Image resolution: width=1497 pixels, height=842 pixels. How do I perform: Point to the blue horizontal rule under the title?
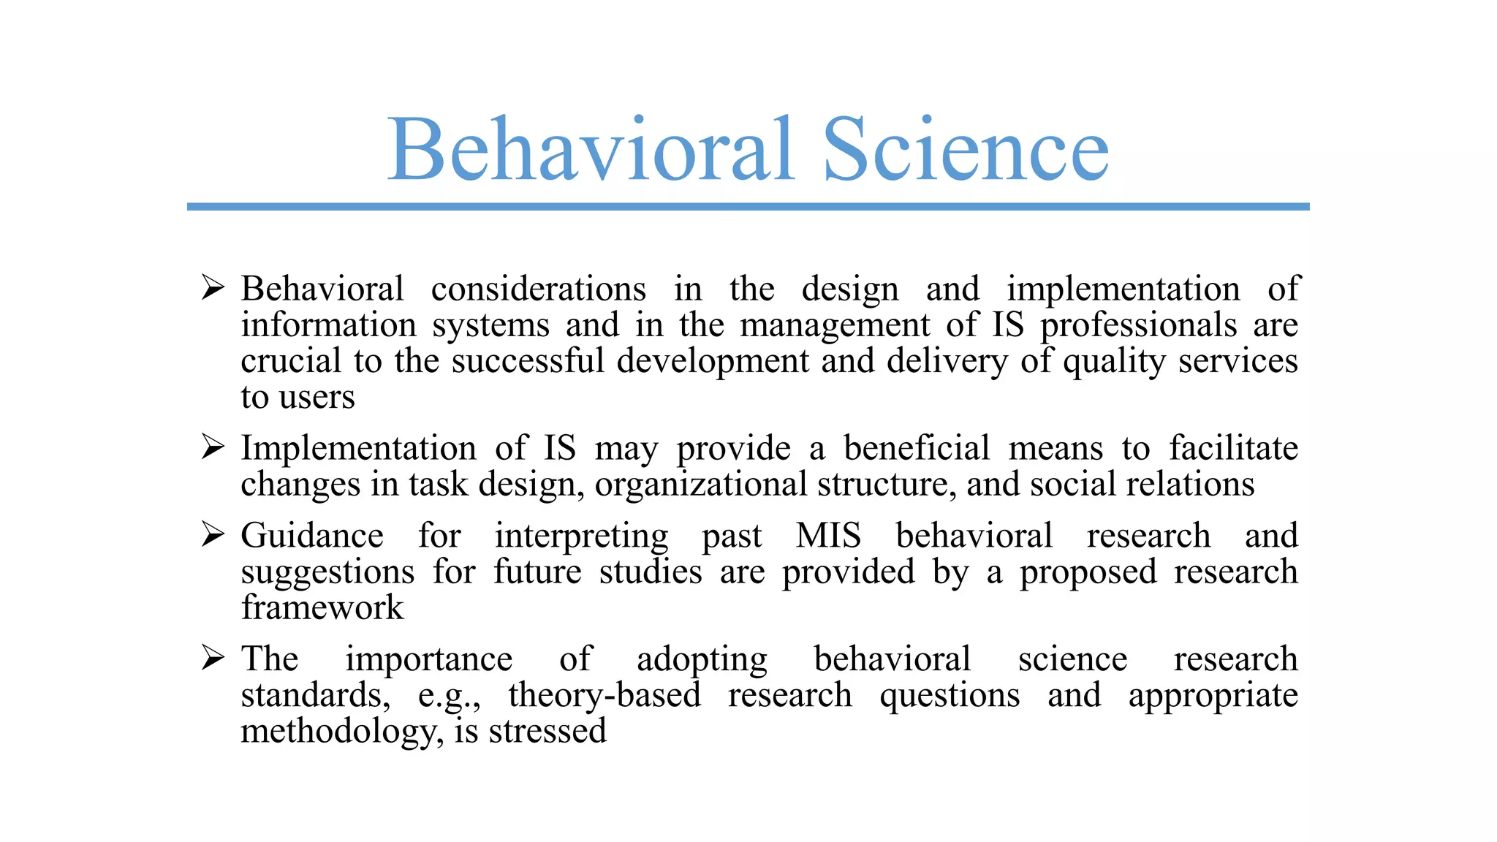748,207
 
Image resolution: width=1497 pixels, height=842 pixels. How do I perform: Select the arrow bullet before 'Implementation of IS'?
213,447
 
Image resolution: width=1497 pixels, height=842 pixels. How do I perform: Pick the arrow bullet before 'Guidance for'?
213,534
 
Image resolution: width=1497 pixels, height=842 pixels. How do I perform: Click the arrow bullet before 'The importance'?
213,658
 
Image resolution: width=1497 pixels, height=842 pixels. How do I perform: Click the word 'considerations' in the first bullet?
539,289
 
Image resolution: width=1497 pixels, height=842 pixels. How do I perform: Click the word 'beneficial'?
917,448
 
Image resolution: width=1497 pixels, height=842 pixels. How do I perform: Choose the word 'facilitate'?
1233,448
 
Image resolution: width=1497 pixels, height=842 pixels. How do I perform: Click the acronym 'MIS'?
828,536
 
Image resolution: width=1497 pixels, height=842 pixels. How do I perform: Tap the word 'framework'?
322,608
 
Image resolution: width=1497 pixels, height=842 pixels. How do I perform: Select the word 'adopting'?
702,660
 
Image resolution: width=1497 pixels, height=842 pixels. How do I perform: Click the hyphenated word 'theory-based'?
605,695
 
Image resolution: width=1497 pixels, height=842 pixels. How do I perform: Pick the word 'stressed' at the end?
547,731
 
